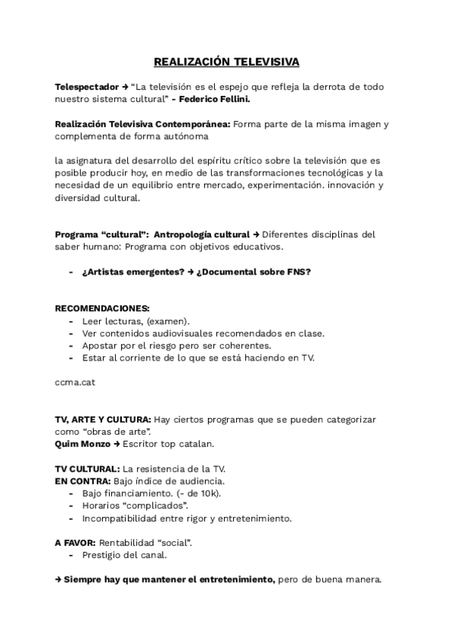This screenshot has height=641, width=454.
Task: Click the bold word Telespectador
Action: (x=87, y=87)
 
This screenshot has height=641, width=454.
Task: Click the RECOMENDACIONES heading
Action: (x=102, y=308)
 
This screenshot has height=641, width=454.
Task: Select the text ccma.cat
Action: (x=75, y=382)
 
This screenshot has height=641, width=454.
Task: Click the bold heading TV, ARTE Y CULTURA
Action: (x=102, y=419)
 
